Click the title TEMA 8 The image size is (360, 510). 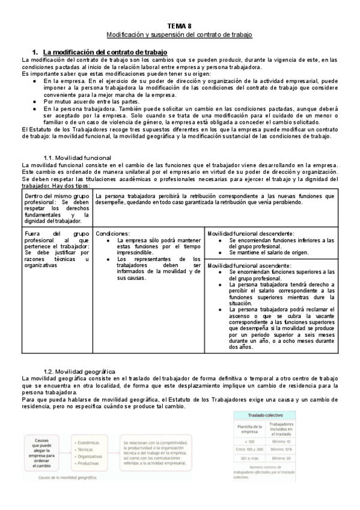180,26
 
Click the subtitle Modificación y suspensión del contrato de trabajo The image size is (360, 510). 180,35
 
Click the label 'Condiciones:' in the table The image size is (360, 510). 113,233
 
